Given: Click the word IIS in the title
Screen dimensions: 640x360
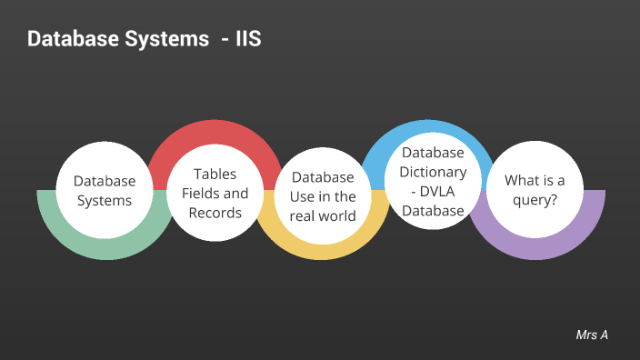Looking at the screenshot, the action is (x=248, y=40).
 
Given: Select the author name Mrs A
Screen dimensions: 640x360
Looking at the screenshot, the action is (x=592, y=335).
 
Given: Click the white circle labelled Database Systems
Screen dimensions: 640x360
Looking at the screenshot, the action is (x=105, y=191).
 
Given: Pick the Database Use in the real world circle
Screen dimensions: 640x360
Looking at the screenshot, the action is (x=323, y=196).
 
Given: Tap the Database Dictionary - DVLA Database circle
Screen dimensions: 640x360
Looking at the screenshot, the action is (x=434, y=181).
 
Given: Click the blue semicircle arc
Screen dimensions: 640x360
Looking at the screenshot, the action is (x=434, y=132).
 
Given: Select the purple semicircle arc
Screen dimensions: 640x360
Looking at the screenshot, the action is (x=536, y=245).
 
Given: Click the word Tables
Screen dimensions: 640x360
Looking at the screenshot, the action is (x=215, y=174).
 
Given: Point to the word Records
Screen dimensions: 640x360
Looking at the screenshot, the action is (x=215, y=212).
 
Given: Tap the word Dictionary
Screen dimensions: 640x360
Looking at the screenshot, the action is (x=434, y=171).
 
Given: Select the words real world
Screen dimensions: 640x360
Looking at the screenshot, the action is (x=323, y=215).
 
